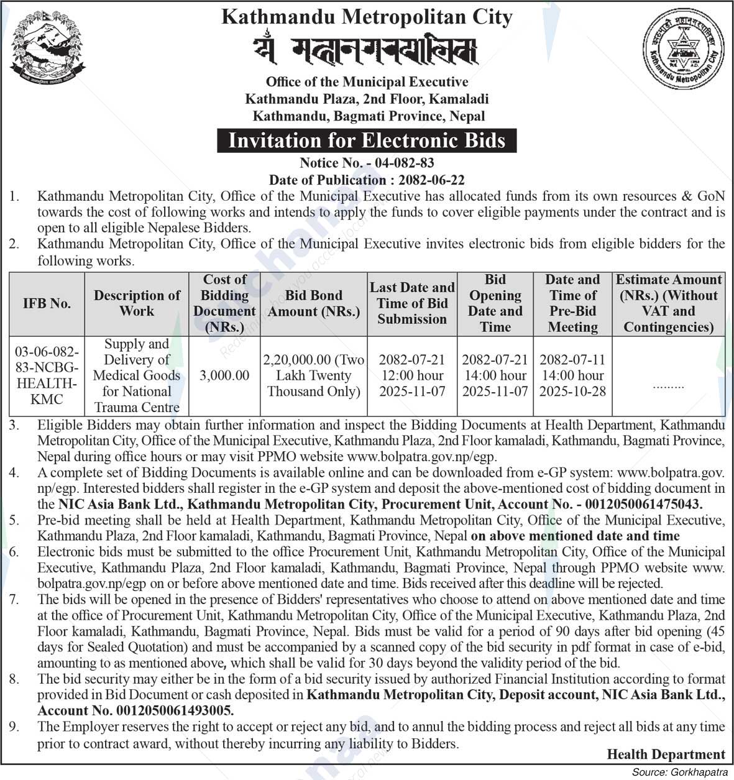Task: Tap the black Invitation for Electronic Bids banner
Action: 367,140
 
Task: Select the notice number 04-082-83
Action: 401,163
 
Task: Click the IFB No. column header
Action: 47,303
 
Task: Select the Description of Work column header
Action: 137,303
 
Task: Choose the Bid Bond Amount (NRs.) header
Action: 314,303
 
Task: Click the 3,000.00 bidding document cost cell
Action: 224,375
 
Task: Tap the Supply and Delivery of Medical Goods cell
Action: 137,375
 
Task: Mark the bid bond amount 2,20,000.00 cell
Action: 314,375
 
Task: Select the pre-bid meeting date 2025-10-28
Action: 572,392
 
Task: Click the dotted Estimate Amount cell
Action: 668,385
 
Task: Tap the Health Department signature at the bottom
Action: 666,755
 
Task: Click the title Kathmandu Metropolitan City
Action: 367,17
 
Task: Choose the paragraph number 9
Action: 14,727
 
